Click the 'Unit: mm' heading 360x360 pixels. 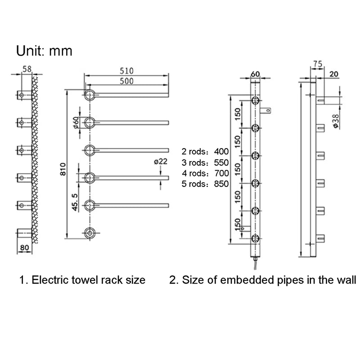click(x=44, y=50)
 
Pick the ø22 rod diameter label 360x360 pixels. click(x=161, y=162)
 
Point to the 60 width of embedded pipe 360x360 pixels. click(x=255, y=74)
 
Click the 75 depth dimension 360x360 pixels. click(x=317, y=65)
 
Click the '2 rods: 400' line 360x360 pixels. click(x=205, y=151)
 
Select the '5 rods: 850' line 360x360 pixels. click(x=205, y=184)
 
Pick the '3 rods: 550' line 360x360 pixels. click(x=205, y=162)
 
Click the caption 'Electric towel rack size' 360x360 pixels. click(x=82, y=280)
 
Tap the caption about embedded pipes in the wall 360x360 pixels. click(x=262, y=280)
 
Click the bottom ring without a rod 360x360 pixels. click(x=90, y=232)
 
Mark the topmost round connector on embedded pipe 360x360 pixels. click(x=255, y=100)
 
